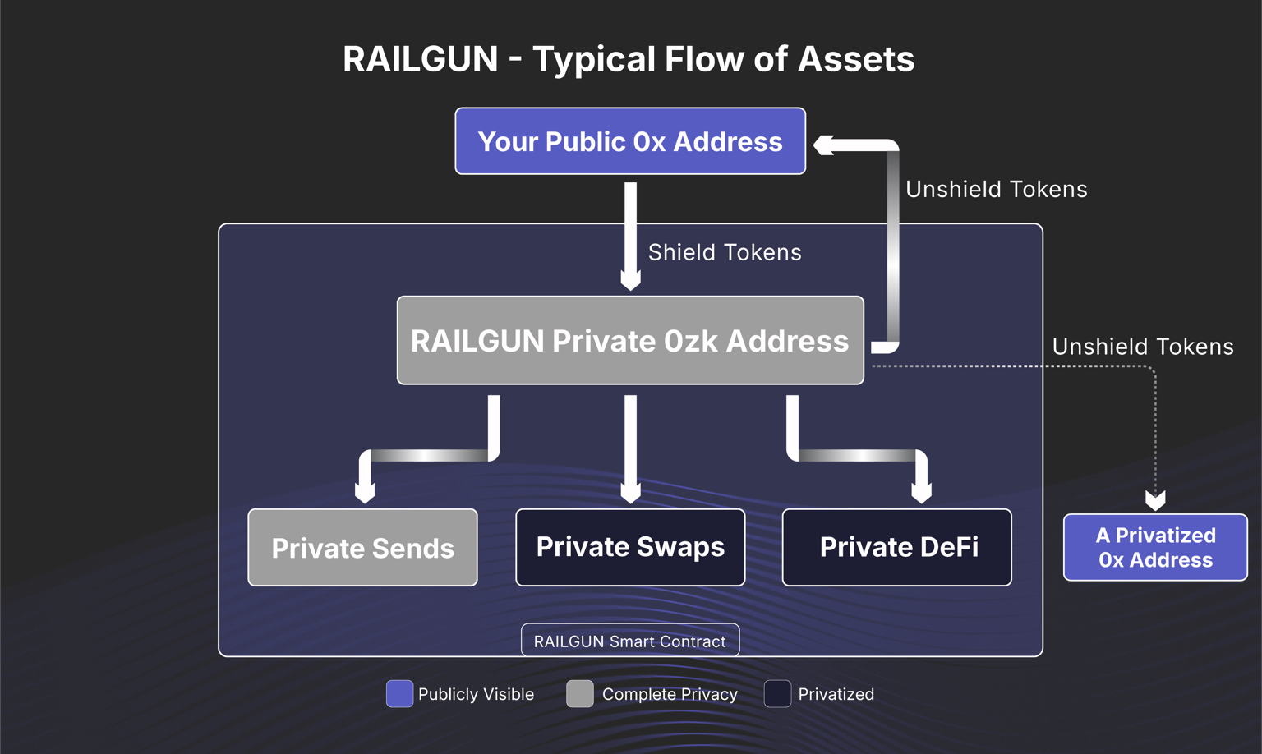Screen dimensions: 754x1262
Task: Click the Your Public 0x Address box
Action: [x=630, y=141]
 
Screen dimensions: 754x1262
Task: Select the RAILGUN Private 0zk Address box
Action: [x=630, y=340]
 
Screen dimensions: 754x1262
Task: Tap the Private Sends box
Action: [x=362, y=547]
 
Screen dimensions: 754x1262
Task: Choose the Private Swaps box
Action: [x=630, y=547]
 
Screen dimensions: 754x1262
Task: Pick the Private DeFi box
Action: [x=897, y=547]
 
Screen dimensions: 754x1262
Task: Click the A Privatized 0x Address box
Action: [x=1155, y=547]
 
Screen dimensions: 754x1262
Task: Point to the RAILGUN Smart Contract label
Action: [x=630, y=641]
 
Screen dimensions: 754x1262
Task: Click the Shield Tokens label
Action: [x=725, y=252]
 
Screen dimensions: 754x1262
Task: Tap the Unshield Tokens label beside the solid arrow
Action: [x=996, y=189]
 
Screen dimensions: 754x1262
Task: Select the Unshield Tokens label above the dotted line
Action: [x=1143, y=347]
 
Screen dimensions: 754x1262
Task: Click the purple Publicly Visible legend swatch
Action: [x=399, y=694]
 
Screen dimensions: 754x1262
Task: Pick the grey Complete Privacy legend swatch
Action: [x=580, y=694]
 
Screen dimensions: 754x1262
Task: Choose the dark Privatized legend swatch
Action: [x=777, y=694]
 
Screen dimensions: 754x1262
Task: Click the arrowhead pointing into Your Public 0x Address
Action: [x=823, y=145]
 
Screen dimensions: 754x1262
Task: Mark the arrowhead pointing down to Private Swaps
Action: [x=630, y=494]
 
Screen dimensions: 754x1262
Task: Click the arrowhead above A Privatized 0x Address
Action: [x=1155, y=500]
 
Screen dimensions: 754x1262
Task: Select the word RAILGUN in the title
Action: [x=421, y=59]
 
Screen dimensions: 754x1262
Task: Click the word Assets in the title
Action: [x=856, y=59]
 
